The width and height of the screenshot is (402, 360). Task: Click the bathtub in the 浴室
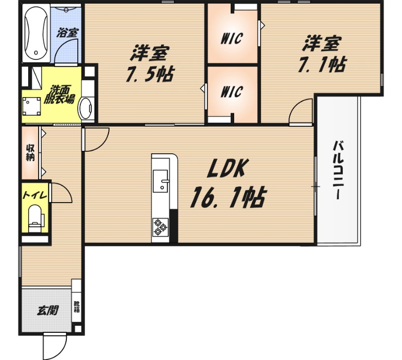[36, 33]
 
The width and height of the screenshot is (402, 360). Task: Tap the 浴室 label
[67, 33]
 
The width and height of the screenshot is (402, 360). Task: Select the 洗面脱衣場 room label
[59, 94]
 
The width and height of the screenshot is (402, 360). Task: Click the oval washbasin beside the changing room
[85, 108]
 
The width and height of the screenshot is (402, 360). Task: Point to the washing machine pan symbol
[32, 106]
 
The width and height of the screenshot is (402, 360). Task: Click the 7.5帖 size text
[150, 74]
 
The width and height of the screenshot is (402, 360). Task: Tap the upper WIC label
[232, 39]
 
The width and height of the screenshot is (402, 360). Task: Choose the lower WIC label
[232, 92]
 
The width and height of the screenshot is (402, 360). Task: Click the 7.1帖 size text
[322, 64]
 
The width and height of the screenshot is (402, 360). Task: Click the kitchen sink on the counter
[160, 181]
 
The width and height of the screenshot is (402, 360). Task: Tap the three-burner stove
[160, 227]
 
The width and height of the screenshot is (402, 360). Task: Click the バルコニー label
[338, 170]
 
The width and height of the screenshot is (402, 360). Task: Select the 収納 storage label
[30, 153]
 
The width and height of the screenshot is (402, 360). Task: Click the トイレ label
[35, 196]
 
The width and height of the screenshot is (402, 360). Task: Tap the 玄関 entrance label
[48, 311]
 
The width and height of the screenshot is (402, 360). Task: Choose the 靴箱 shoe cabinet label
[77, 307]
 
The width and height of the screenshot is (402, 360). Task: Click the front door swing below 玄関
[55, 346]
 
